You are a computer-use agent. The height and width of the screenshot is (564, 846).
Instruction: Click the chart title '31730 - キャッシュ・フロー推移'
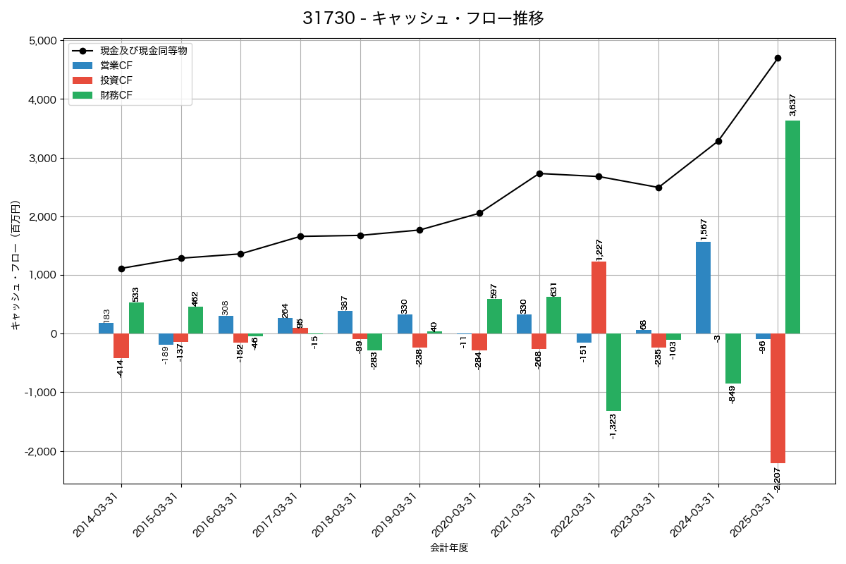tap(423, 18)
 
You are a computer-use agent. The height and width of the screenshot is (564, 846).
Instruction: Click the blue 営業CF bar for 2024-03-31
tap(703, 288)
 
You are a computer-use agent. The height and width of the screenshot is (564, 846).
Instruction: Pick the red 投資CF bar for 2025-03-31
tap(778, 398)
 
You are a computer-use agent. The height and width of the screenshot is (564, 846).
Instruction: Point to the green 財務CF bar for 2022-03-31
tap(614, 372)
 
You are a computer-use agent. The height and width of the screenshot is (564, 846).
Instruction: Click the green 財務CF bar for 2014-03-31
tap(136, 318)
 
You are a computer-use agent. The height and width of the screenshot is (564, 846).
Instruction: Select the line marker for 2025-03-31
tap(778, 58)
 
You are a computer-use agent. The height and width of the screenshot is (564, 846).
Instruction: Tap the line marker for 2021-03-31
tap(539, 173)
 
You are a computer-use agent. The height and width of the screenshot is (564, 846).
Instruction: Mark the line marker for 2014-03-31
tap(121, 269)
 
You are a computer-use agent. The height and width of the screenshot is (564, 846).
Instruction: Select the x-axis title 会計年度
tap(449, 548)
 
